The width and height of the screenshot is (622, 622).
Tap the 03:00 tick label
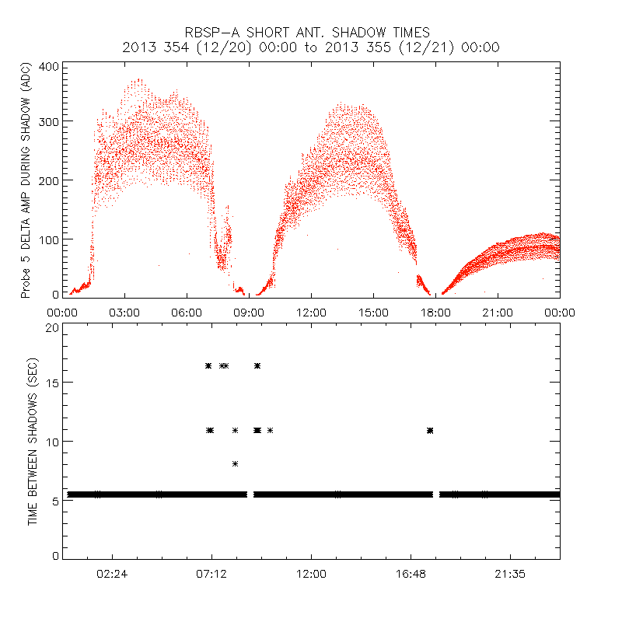(x=124, y=312)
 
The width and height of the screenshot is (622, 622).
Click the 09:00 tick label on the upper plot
(x=249, y=312)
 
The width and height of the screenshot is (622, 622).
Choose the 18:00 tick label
(x=435, y=312)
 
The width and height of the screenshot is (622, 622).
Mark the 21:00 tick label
(x=498, y=312)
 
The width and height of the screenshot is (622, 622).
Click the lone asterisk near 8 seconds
(x=235, y=463)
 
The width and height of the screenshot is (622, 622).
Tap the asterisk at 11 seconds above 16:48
(x=430, y=430)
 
